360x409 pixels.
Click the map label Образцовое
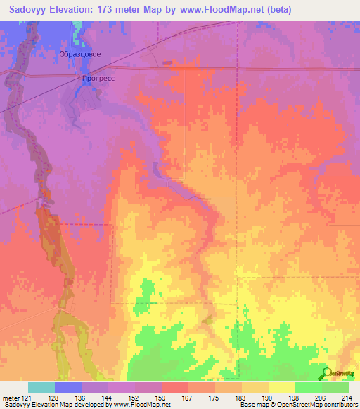pyautogui.click(x=79, y=54)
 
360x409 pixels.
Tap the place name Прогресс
pyautogui.click(x=98, y=79)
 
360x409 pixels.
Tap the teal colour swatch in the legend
pyautogui.click(x=41, y=387)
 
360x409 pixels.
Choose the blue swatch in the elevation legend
pyautogui.click(x=68, y=387)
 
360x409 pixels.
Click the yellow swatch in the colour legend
pyautogui.click(x=281, y=387)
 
